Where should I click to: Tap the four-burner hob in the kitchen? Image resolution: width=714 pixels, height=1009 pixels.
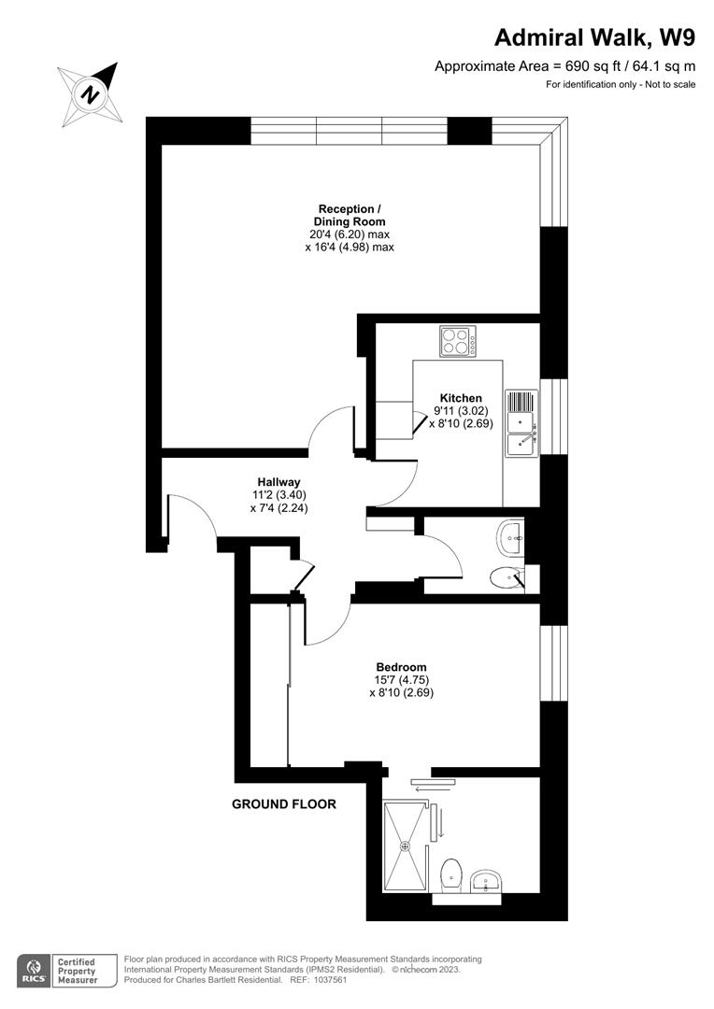pyautogui.click(x=458, y=340)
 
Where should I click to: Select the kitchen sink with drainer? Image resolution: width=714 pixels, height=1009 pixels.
pyautogui.click(x=521, y=423)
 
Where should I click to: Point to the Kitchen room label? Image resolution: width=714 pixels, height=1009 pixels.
pyautogui.click(x=461, y=398)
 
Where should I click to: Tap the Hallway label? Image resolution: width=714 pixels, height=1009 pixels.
pyautogui.click(x=278, y=482)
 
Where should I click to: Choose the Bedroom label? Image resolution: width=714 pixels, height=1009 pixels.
pyautogui.click(x=402, y=667)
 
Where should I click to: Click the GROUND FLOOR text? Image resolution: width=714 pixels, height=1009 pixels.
pyautogui.click(x=283, y=803)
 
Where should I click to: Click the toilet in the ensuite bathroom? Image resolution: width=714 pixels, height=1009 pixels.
pyautogui.click(x=450, y=874)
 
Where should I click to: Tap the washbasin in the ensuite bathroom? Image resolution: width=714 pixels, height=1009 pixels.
pyautogui.click(x=486, y=880)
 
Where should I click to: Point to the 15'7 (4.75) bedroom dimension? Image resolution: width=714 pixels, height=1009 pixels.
pyautogui.click(x=402, y=680)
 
